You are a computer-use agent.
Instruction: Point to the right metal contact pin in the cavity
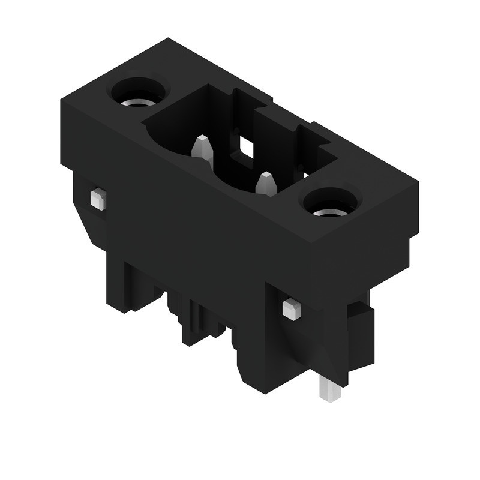pyautogui.click(x=266, y=183)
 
